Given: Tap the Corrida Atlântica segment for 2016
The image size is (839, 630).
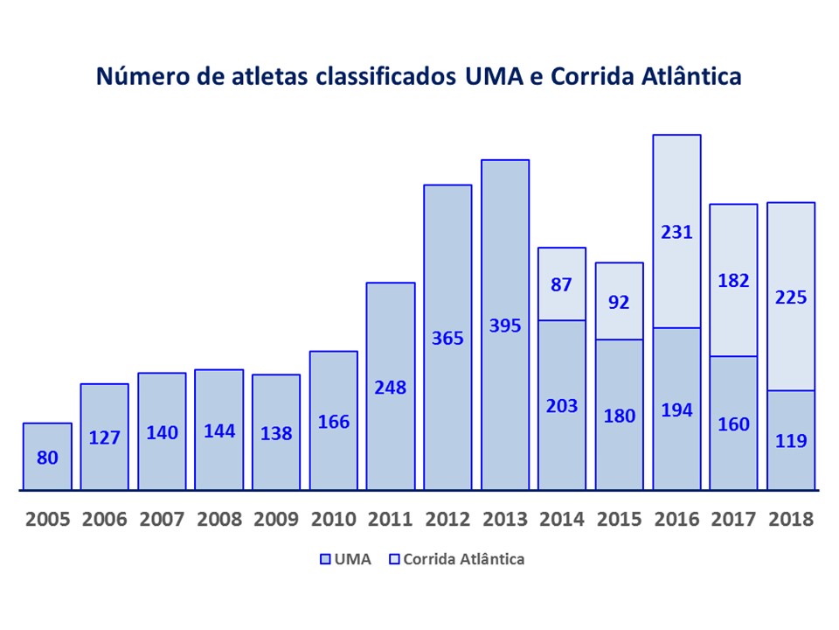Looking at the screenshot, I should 676,231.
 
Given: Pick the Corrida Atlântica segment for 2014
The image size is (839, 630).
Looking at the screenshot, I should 561,283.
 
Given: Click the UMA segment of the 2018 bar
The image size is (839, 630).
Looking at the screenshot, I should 791,440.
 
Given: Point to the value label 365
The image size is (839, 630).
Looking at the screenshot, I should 447,338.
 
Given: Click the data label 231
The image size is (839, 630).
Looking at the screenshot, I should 676,232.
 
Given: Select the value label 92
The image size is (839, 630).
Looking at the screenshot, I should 619,302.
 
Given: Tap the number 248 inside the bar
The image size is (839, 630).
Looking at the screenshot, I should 390,387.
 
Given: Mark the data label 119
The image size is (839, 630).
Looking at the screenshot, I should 791,441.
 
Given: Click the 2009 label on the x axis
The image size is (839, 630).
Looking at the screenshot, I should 276,519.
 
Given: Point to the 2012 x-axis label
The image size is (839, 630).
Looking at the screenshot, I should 447,519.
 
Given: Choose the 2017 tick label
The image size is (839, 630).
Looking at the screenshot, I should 733,519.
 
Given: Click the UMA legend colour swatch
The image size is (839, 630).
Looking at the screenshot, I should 326,559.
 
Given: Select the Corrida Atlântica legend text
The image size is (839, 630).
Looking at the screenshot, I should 462,559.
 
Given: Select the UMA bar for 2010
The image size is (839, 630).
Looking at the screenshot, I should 333,421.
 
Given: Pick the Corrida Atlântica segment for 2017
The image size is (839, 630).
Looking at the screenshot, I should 733,280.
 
